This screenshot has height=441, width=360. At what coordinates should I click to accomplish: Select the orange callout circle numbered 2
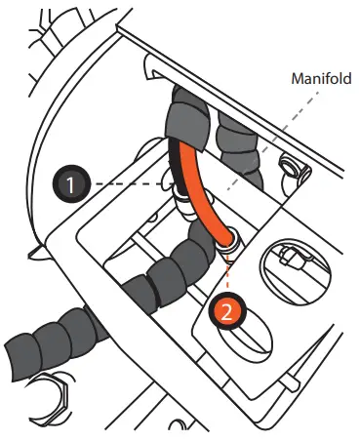pos(224,312)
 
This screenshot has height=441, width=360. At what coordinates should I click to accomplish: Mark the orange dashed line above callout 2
pos(228,273)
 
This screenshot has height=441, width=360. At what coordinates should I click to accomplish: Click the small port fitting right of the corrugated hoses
pos(294,170)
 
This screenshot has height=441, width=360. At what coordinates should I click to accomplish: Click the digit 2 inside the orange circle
pos(224,312)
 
